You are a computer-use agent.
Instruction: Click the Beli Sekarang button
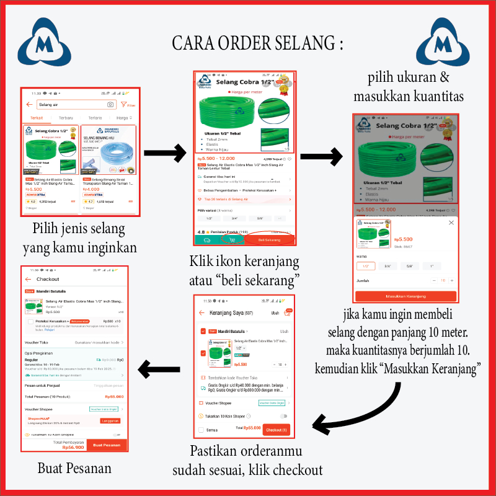(x=269, y=239)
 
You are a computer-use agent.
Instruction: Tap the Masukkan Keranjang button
(x=405, y=296)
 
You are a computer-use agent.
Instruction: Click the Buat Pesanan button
(x=106, y=445)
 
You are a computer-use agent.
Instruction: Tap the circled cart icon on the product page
(x=232, y=239)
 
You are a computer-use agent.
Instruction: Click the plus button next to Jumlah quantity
(x=452, y=280)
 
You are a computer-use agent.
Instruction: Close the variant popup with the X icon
(x=451, y=223)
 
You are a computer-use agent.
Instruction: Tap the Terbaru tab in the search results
(x=65, y=118)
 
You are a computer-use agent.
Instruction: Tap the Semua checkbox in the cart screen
(x=201, y=429)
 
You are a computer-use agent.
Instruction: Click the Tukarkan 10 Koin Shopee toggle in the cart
(x=284, y=416)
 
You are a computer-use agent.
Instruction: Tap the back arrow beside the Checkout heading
(x=29, y=279)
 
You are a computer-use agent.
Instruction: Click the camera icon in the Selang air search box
(x=110, y=105)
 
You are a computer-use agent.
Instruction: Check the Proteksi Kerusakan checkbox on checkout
(x=31, y=322)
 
